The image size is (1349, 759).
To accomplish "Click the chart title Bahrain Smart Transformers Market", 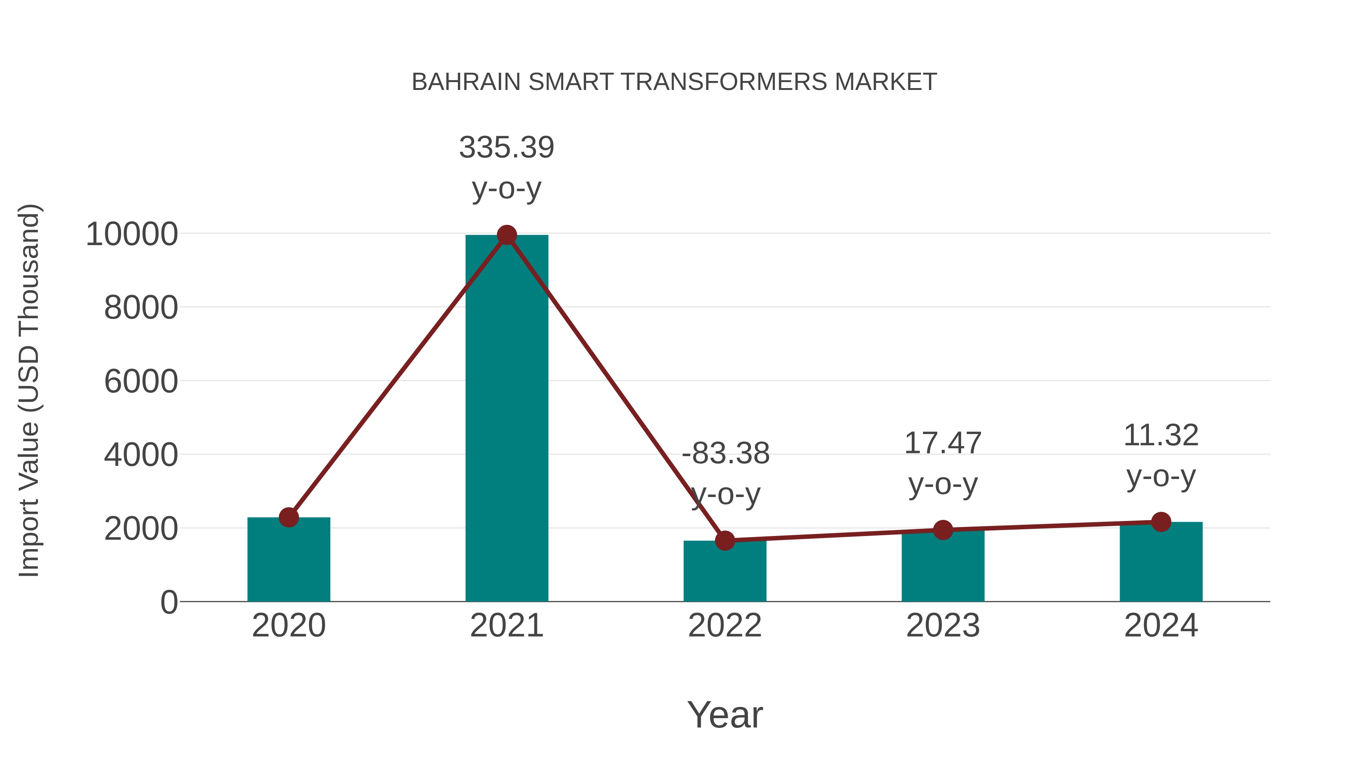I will [x=674, y=82].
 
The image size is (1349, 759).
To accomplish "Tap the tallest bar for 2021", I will [x=506, y=419].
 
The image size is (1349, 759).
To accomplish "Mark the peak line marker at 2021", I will [x=506, y=235].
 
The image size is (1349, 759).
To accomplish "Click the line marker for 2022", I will [x=725, y=540].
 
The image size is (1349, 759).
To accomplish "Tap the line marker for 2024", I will [x=1161, y=522].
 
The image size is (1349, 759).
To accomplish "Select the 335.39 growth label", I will [x=506, y=148].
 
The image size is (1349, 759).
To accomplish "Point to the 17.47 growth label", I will [x=943, y=443].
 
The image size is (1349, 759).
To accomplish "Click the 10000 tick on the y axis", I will [x=132, y=234].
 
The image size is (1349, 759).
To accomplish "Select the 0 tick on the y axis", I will [x=169, y=602].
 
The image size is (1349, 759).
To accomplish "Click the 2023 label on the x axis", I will [x=943, y=626].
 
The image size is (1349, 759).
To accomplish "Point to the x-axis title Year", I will [x=725, y=715].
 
